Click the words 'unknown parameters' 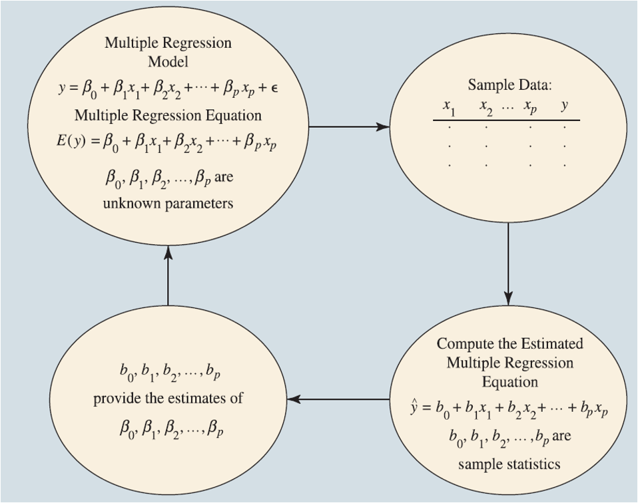pyautogui.click(x=168, y=204)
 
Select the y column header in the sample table pyautogui.click(x=565, y=105)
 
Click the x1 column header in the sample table pyautogui.click(x=449, y=106)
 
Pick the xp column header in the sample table pyautogui.click(x=530, y=107)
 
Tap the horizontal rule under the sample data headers pyautogui.click(x=506, y=120)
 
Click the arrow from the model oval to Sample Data pyautogui.click(x=350, y=126)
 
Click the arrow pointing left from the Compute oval pyautogui.click(x=338, y=399)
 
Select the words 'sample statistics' pyautogui.click(x=509, y=463)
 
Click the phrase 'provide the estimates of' pyautogui.click(x=168, y=399)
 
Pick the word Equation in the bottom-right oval pyautogui.click(x=510, y=382)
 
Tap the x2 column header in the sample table pyautogui.click(x=486, y=106)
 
